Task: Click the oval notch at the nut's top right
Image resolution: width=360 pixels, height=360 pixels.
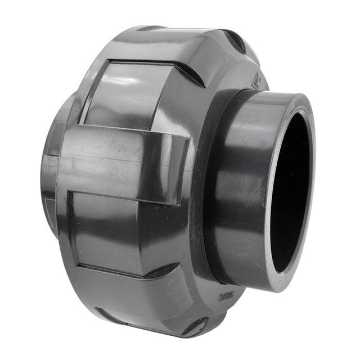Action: tap(235, 40)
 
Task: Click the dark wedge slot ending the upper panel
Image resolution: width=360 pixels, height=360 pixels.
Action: tap(190, 73)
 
